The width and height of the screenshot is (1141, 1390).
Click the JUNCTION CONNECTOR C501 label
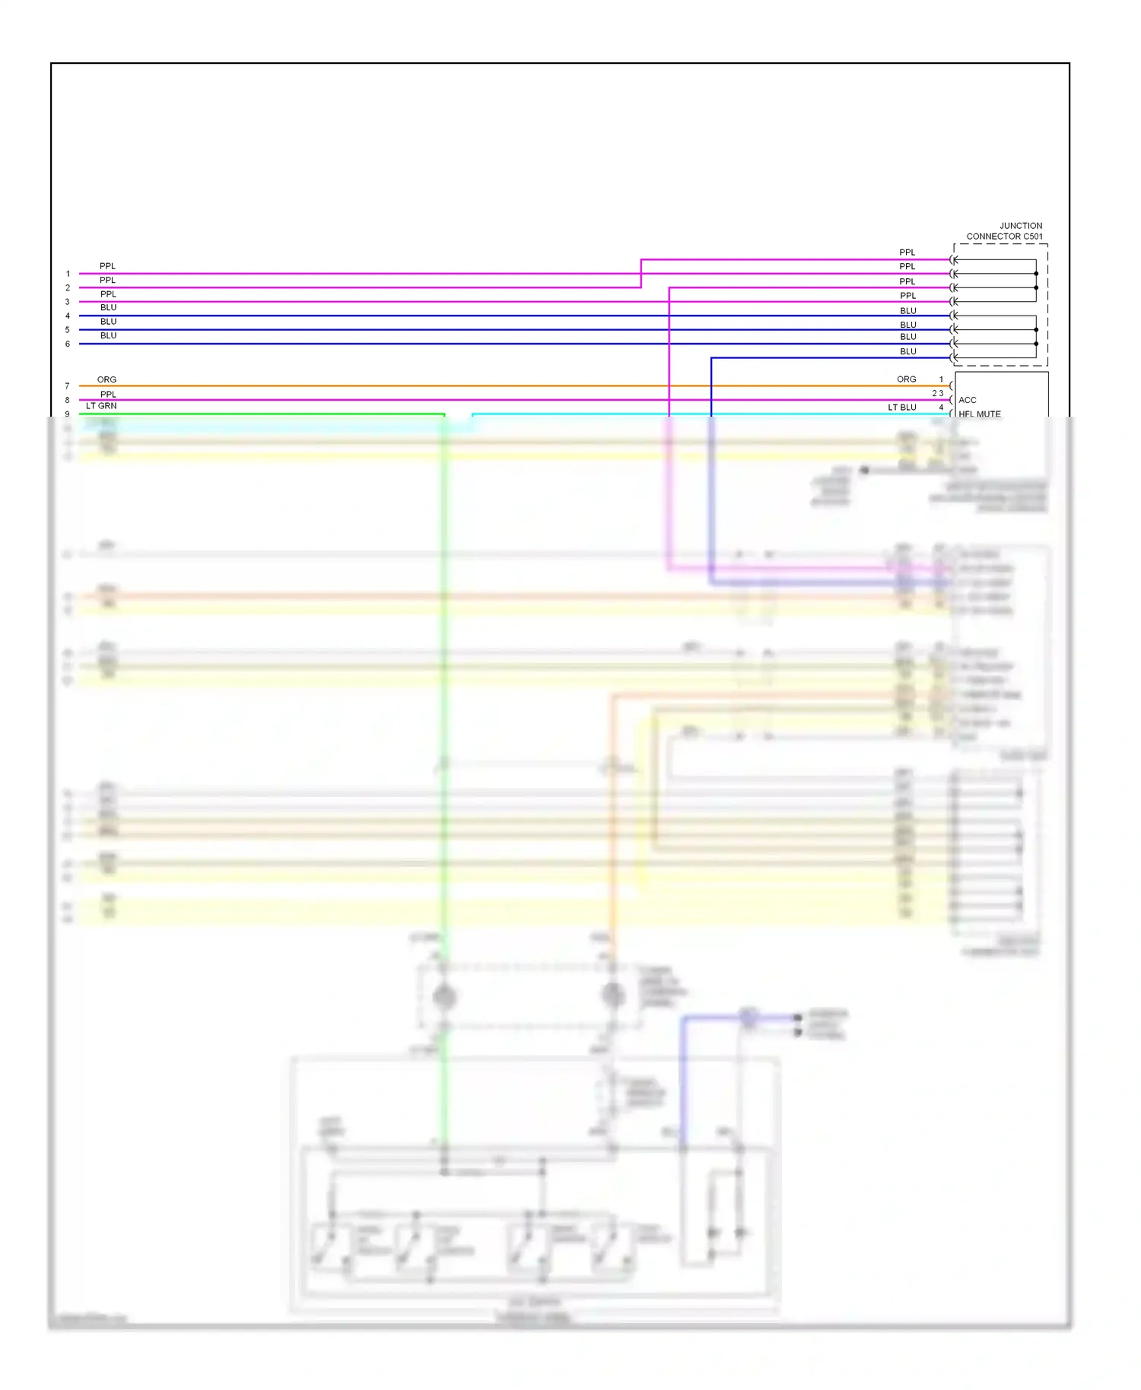(1004, 231)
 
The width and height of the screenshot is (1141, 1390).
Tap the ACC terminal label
(967, 400)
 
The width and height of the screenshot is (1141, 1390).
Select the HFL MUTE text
(979, 414)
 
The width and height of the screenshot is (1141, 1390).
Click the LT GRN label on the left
(101, 406)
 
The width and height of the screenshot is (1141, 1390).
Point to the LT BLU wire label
(901, 408)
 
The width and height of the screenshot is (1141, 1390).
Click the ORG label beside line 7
(106, 379)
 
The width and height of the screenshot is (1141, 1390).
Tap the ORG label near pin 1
(906, 379)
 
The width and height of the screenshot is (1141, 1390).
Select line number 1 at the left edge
(68, 274)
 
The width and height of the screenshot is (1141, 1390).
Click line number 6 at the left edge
(68, 344)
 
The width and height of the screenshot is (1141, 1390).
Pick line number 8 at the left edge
(68, 400)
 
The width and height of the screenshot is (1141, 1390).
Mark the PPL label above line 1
(107, 266)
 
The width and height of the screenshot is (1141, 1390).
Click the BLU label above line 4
(108, 307)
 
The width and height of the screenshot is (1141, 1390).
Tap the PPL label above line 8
(108, 394)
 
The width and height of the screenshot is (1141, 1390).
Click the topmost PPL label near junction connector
(907, 252)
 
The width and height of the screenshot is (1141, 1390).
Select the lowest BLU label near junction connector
(907, 351)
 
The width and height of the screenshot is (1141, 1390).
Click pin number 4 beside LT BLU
(941, 408)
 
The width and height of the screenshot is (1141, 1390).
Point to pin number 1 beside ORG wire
(941, 379)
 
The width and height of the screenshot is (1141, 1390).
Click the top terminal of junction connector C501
(953, 260)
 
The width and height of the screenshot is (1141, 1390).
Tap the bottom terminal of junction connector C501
(953, 357)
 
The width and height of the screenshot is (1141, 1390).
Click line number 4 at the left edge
(68, 316)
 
